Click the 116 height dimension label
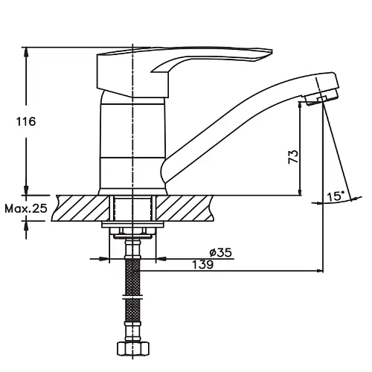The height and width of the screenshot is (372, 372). point(26,121)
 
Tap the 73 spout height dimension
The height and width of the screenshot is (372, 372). point(293,156)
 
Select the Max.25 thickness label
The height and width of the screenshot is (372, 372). point(26,208)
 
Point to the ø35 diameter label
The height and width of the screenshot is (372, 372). point(220,253)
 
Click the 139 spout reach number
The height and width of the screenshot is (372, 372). point(203,265)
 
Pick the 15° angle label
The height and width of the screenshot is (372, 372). point(336,196)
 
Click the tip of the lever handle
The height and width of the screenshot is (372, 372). point(272,51)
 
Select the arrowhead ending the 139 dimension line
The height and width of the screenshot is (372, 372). point(319,271)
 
